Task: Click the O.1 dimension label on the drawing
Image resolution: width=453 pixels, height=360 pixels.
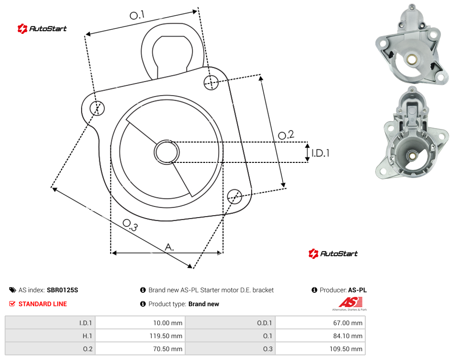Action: tap(137, 15)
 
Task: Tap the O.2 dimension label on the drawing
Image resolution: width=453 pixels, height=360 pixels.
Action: tap(286, 135)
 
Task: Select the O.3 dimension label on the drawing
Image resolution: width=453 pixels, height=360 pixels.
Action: tap(130, 225)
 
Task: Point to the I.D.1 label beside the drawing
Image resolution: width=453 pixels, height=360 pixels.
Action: tap(320, 153)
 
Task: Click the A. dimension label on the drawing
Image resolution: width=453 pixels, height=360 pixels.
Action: tap(169, 247)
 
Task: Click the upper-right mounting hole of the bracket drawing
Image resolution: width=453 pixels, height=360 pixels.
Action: tap(211, 82)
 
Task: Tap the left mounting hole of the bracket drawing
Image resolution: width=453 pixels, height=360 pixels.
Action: tap(97, 108)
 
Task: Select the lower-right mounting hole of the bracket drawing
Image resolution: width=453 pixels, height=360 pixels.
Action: tap(234, 197)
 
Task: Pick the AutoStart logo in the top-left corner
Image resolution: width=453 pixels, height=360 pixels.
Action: tap(42, 29)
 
